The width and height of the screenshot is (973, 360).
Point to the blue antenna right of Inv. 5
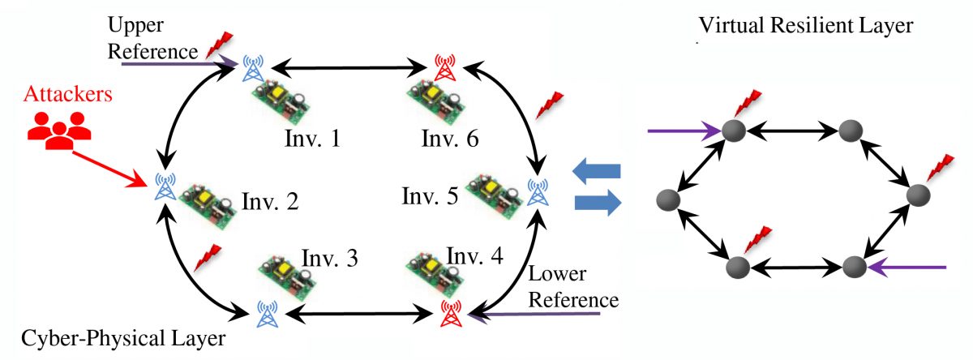pyautogui.click(x=536, y=191)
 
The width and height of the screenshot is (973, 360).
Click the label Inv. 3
pyautogui.click(x=330, y=259)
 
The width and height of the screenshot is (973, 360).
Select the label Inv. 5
pyautogui.click(x=431, y=195)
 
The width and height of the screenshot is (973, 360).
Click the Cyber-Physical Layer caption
pyautogui.click(x=89, y=338)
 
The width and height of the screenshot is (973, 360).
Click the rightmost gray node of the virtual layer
pyautogui.click(x=918, y=195)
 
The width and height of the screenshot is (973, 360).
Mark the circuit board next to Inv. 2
pyautogui.click(x=205, y=199)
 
